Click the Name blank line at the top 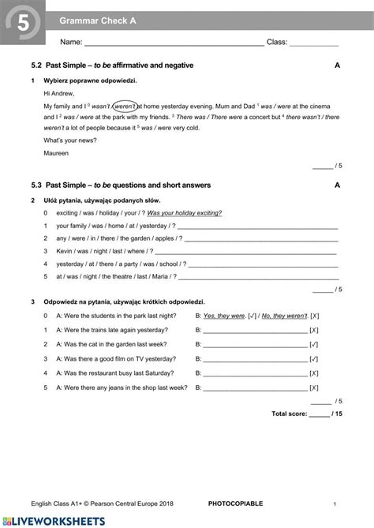(174, 44)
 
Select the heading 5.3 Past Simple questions (128, 185)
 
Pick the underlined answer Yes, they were (224, 316)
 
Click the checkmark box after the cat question (314, 345)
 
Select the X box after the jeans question (314, 388)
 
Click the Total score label (289, 414)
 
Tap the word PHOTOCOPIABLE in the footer (236, 504)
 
